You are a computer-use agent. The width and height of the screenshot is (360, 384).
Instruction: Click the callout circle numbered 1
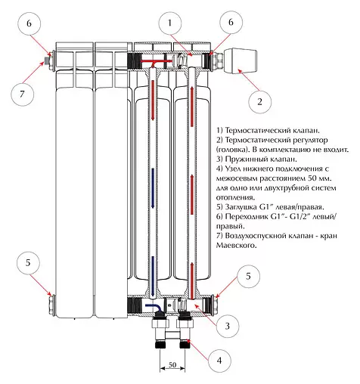tap(170, 23)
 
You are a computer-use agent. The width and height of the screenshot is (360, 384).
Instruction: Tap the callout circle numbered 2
tap(260, 102)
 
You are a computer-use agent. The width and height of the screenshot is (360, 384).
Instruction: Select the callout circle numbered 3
tap(228, 326)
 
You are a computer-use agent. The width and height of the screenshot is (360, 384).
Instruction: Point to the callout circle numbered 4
tap(219, 361)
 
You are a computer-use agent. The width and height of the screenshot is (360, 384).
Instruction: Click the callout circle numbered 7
tap(22, 94)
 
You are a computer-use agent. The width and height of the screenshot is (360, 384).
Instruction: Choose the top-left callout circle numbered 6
tap(29, 23)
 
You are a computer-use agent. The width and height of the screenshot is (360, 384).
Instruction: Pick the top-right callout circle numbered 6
tap(231, 22)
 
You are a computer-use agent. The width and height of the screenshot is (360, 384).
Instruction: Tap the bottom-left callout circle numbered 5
tap(28, 263)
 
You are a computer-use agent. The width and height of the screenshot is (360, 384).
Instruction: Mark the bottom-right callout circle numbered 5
tap(248, 276)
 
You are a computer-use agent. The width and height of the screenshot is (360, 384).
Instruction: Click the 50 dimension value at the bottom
tap(172, 364)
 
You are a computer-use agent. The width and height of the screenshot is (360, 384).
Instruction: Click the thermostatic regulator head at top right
tap(241, 60)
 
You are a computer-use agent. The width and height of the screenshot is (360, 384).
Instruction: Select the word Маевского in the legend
tap(236, 245)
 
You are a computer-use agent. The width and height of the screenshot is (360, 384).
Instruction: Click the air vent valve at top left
tap(47, 61)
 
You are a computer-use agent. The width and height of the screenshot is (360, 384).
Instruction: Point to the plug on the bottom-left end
tap(51, 304)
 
